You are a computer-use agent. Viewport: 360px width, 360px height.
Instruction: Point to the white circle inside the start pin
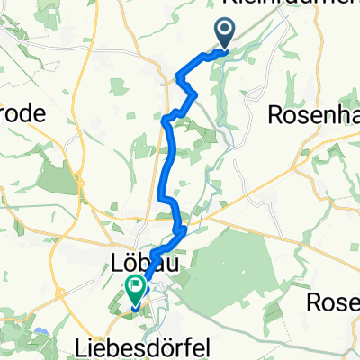coord(224,32)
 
